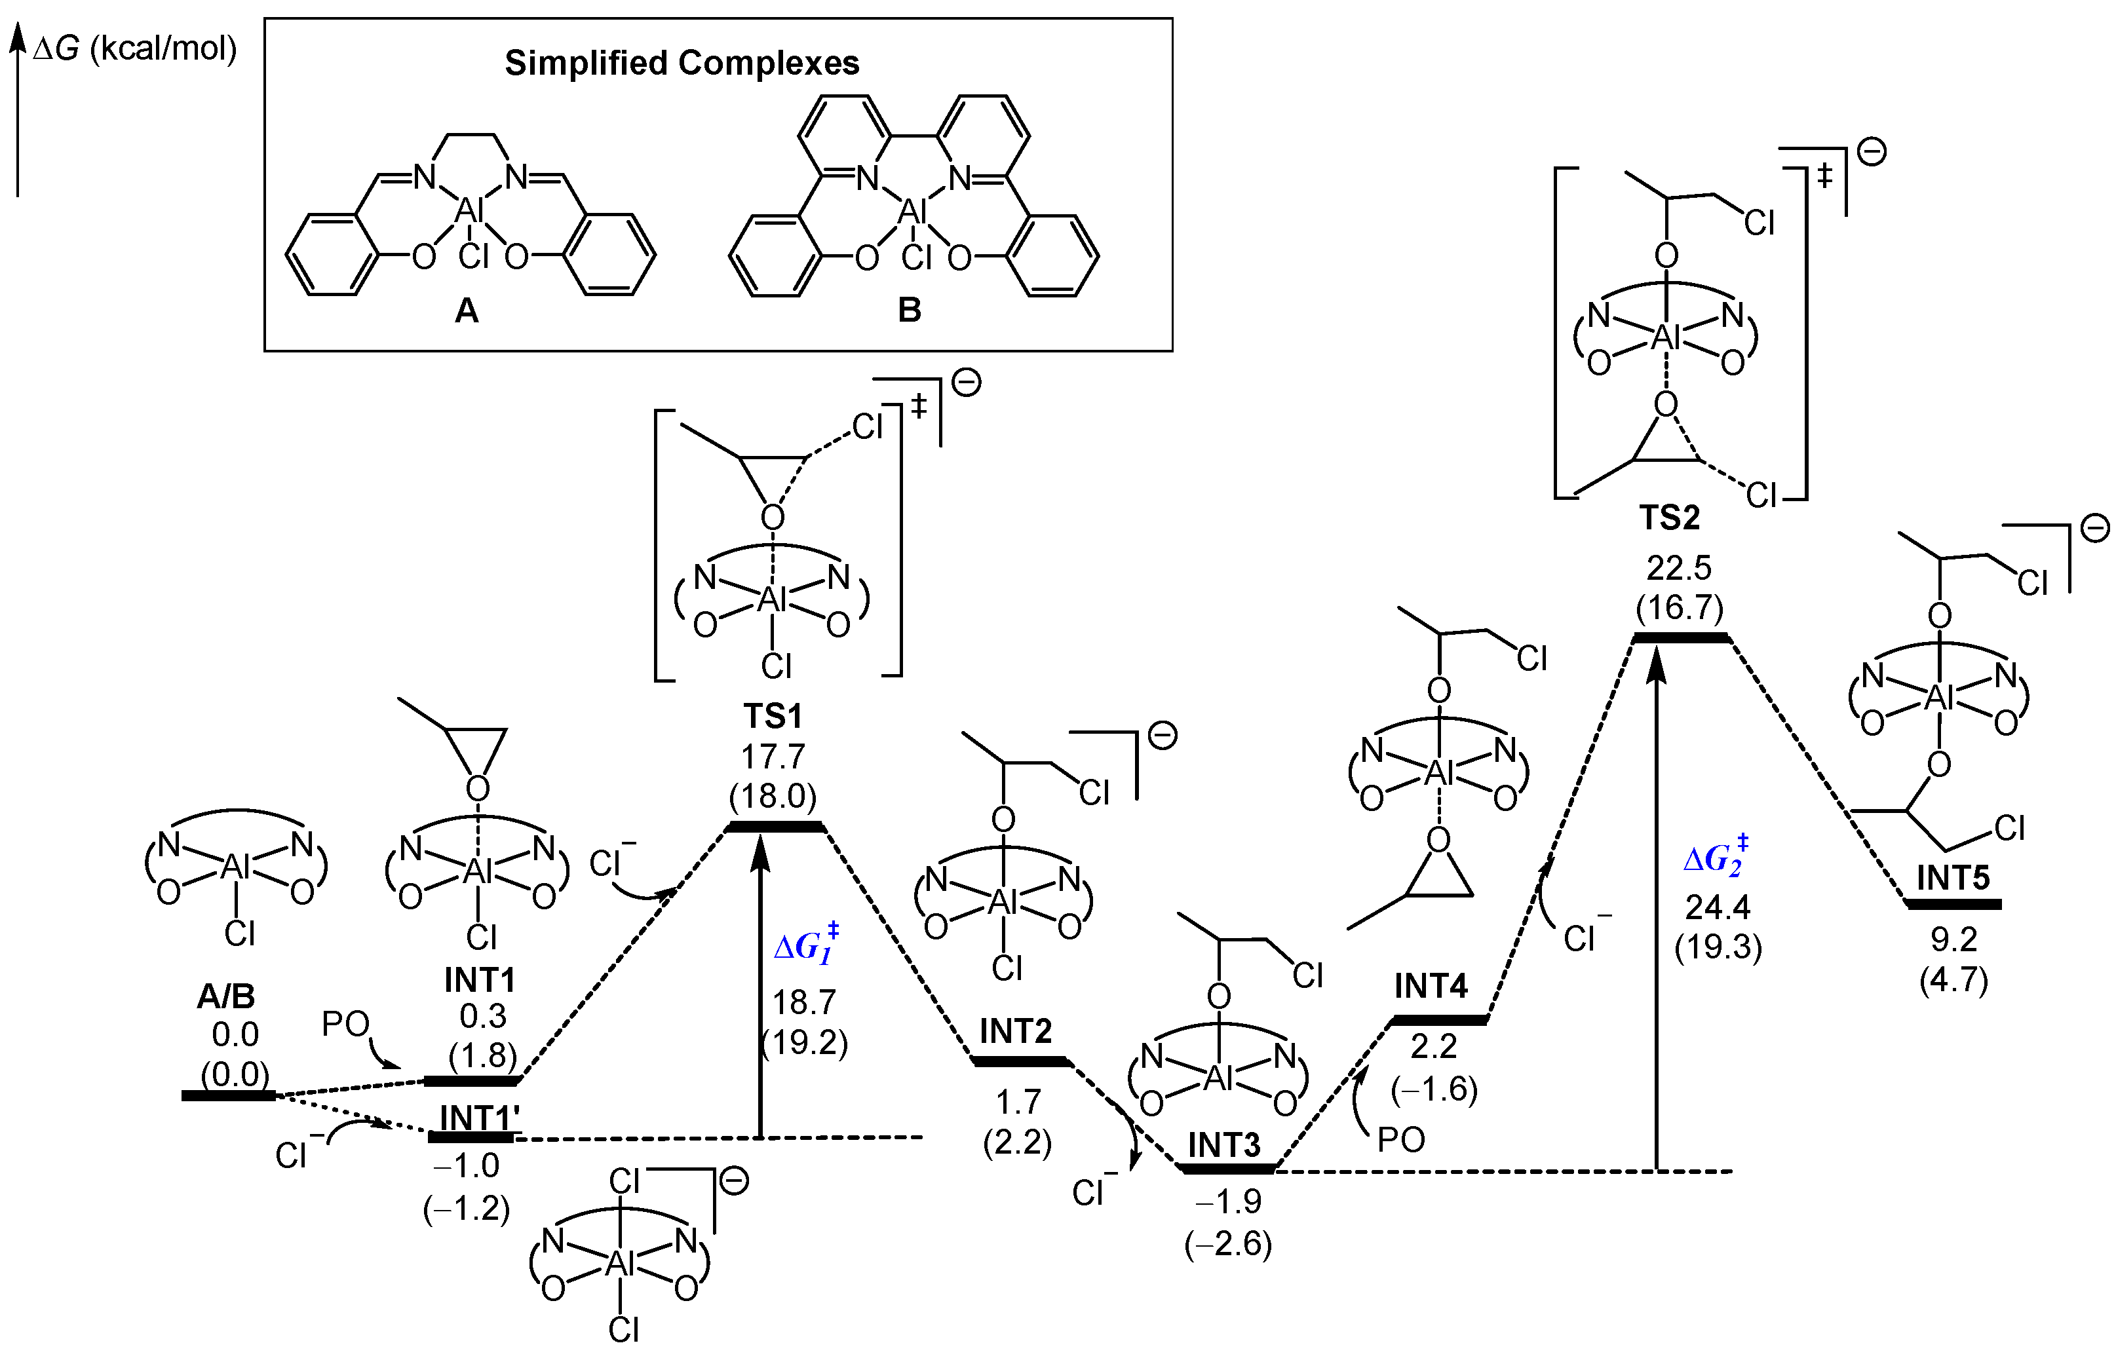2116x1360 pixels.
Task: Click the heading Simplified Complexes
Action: point(681,64)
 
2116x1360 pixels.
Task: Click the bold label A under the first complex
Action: point(467,311)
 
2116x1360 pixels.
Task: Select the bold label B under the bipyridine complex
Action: point(909,311)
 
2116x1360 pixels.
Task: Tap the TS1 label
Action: point(773,716)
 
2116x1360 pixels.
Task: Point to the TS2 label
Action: point(1669,518)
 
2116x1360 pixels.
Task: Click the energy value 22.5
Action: point(1678,568)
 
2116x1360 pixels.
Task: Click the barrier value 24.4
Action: point(1717,907)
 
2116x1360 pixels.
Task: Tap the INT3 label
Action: point(1223,1145)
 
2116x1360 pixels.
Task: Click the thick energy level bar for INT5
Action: point(1953,904)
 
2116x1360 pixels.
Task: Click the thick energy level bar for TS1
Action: point(775,827)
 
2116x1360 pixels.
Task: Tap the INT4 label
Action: point(1431,985)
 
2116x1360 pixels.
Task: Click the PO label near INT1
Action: point(345,1025)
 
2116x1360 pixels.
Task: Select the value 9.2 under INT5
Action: point(1953,939)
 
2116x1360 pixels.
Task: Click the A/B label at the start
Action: point(226,997)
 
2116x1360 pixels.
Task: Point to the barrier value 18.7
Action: point(803,1002)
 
